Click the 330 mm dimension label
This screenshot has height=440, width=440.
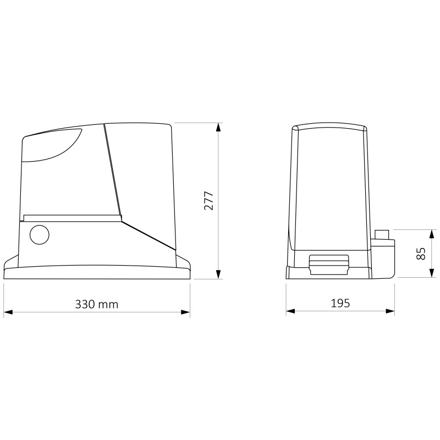(97, 304)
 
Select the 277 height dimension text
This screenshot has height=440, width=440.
(209, 201)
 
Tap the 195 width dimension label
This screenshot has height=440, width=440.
(340, 304)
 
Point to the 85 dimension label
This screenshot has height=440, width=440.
(421, 254)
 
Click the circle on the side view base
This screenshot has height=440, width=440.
(39, 235)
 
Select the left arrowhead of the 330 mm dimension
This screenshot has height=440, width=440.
(8, 312)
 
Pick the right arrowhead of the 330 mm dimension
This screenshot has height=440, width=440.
(185, 312)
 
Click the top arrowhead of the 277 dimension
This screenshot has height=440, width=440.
(218, 128)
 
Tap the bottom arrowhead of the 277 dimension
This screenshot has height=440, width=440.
(218, 274)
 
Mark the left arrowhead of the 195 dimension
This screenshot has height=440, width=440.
(291, 311)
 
